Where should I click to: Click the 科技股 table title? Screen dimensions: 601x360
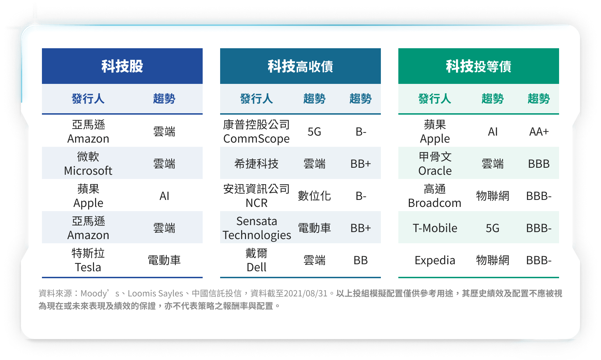122,66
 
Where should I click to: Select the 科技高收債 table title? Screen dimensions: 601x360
300,66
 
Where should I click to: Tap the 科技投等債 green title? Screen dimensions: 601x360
479,66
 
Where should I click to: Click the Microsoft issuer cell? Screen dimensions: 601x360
88,163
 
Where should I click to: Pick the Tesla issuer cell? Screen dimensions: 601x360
88,260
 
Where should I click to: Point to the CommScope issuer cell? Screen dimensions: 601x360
256,131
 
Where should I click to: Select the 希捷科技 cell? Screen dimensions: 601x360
256,164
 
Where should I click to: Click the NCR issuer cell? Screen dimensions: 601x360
256,196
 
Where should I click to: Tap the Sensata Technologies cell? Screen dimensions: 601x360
257,228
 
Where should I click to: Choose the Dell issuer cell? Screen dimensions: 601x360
256,260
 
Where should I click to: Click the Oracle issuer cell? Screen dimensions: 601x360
435,163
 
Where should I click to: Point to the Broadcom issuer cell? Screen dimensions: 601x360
435,196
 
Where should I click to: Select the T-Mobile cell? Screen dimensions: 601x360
435,228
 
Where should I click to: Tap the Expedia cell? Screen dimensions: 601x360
435,260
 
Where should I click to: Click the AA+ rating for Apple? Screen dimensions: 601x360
539,131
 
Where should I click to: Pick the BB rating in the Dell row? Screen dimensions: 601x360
361,260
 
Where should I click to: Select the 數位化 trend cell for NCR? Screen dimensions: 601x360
314,196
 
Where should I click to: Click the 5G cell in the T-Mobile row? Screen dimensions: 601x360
493,228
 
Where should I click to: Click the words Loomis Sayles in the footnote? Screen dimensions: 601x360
155,293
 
